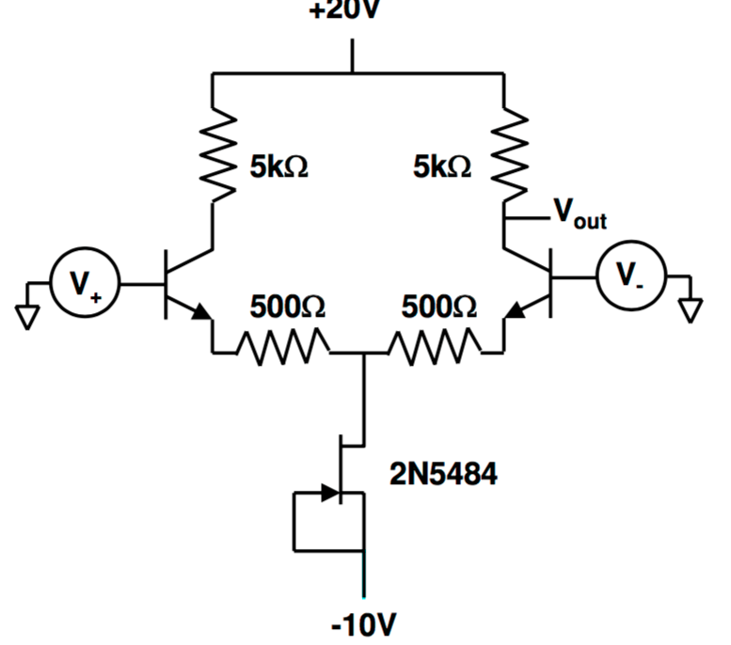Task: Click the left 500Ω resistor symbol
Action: pos(283,353)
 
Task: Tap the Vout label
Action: pos(578,213)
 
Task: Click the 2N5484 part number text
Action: pos(443,475)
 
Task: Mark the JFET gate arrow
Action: pos(328,493)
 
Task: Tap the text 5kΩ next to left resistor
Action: pos(279,167)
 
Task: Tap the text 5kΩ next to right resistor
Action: pos(442,167)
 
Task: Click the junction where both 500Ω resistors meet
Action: pos(362,354)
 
